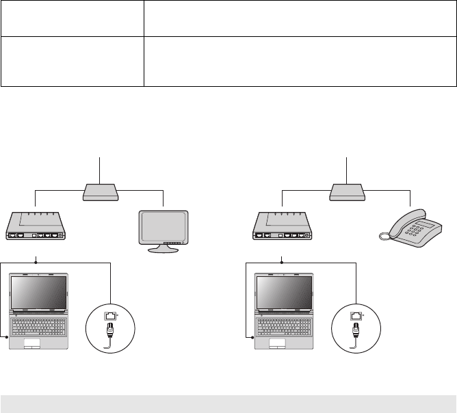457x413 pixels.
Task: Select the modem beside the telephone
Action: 281,228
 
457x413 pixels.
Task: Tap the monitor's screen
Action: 164,225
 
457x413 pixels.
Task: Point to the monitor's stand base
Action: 164,250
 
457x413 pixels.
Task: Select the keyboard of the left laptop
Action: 39,325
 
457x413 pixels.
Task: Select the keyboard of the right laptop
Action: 285,325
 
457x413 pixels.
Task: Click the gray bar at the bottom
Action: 228,403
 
